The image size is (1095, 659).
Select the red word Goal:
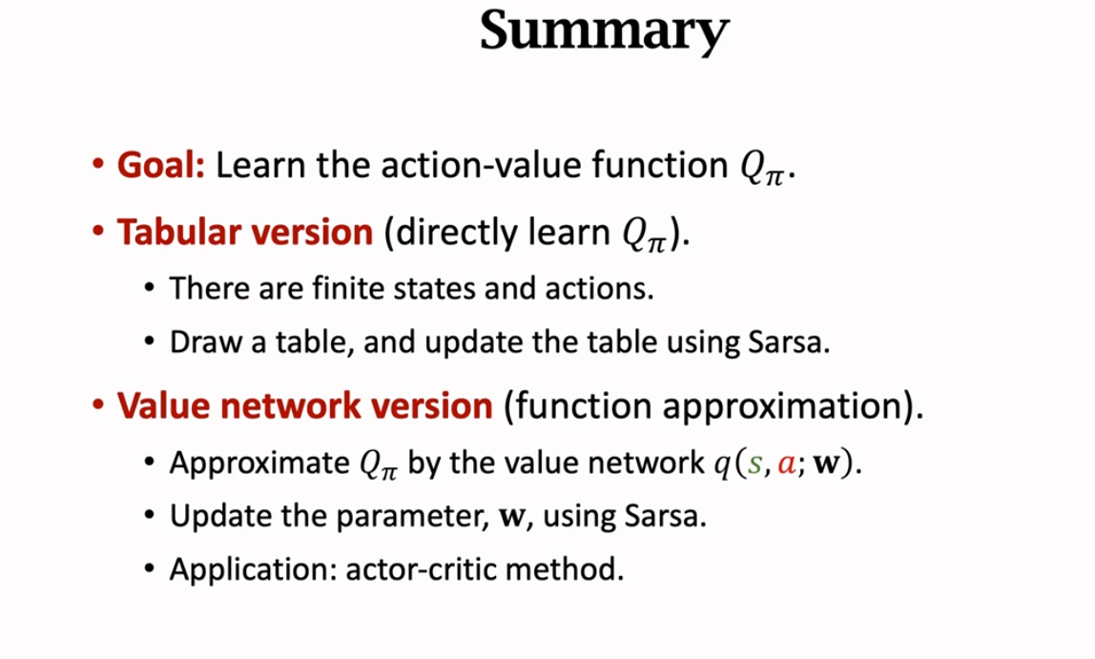click(161, 166)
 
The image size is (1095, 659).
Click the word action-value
click(481, 165)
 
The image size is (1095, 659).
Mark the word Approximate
click(259, 463)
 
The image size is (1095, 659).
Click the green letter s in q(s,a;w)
click(754, 464)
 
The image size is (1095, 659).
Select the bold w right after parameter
click(512, 517)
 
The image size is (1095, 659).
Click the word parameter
click(410, 517)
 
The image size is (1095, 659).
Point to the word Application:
click(254, 569)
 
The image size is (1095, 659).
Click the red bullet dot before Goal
click(97, 165)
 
